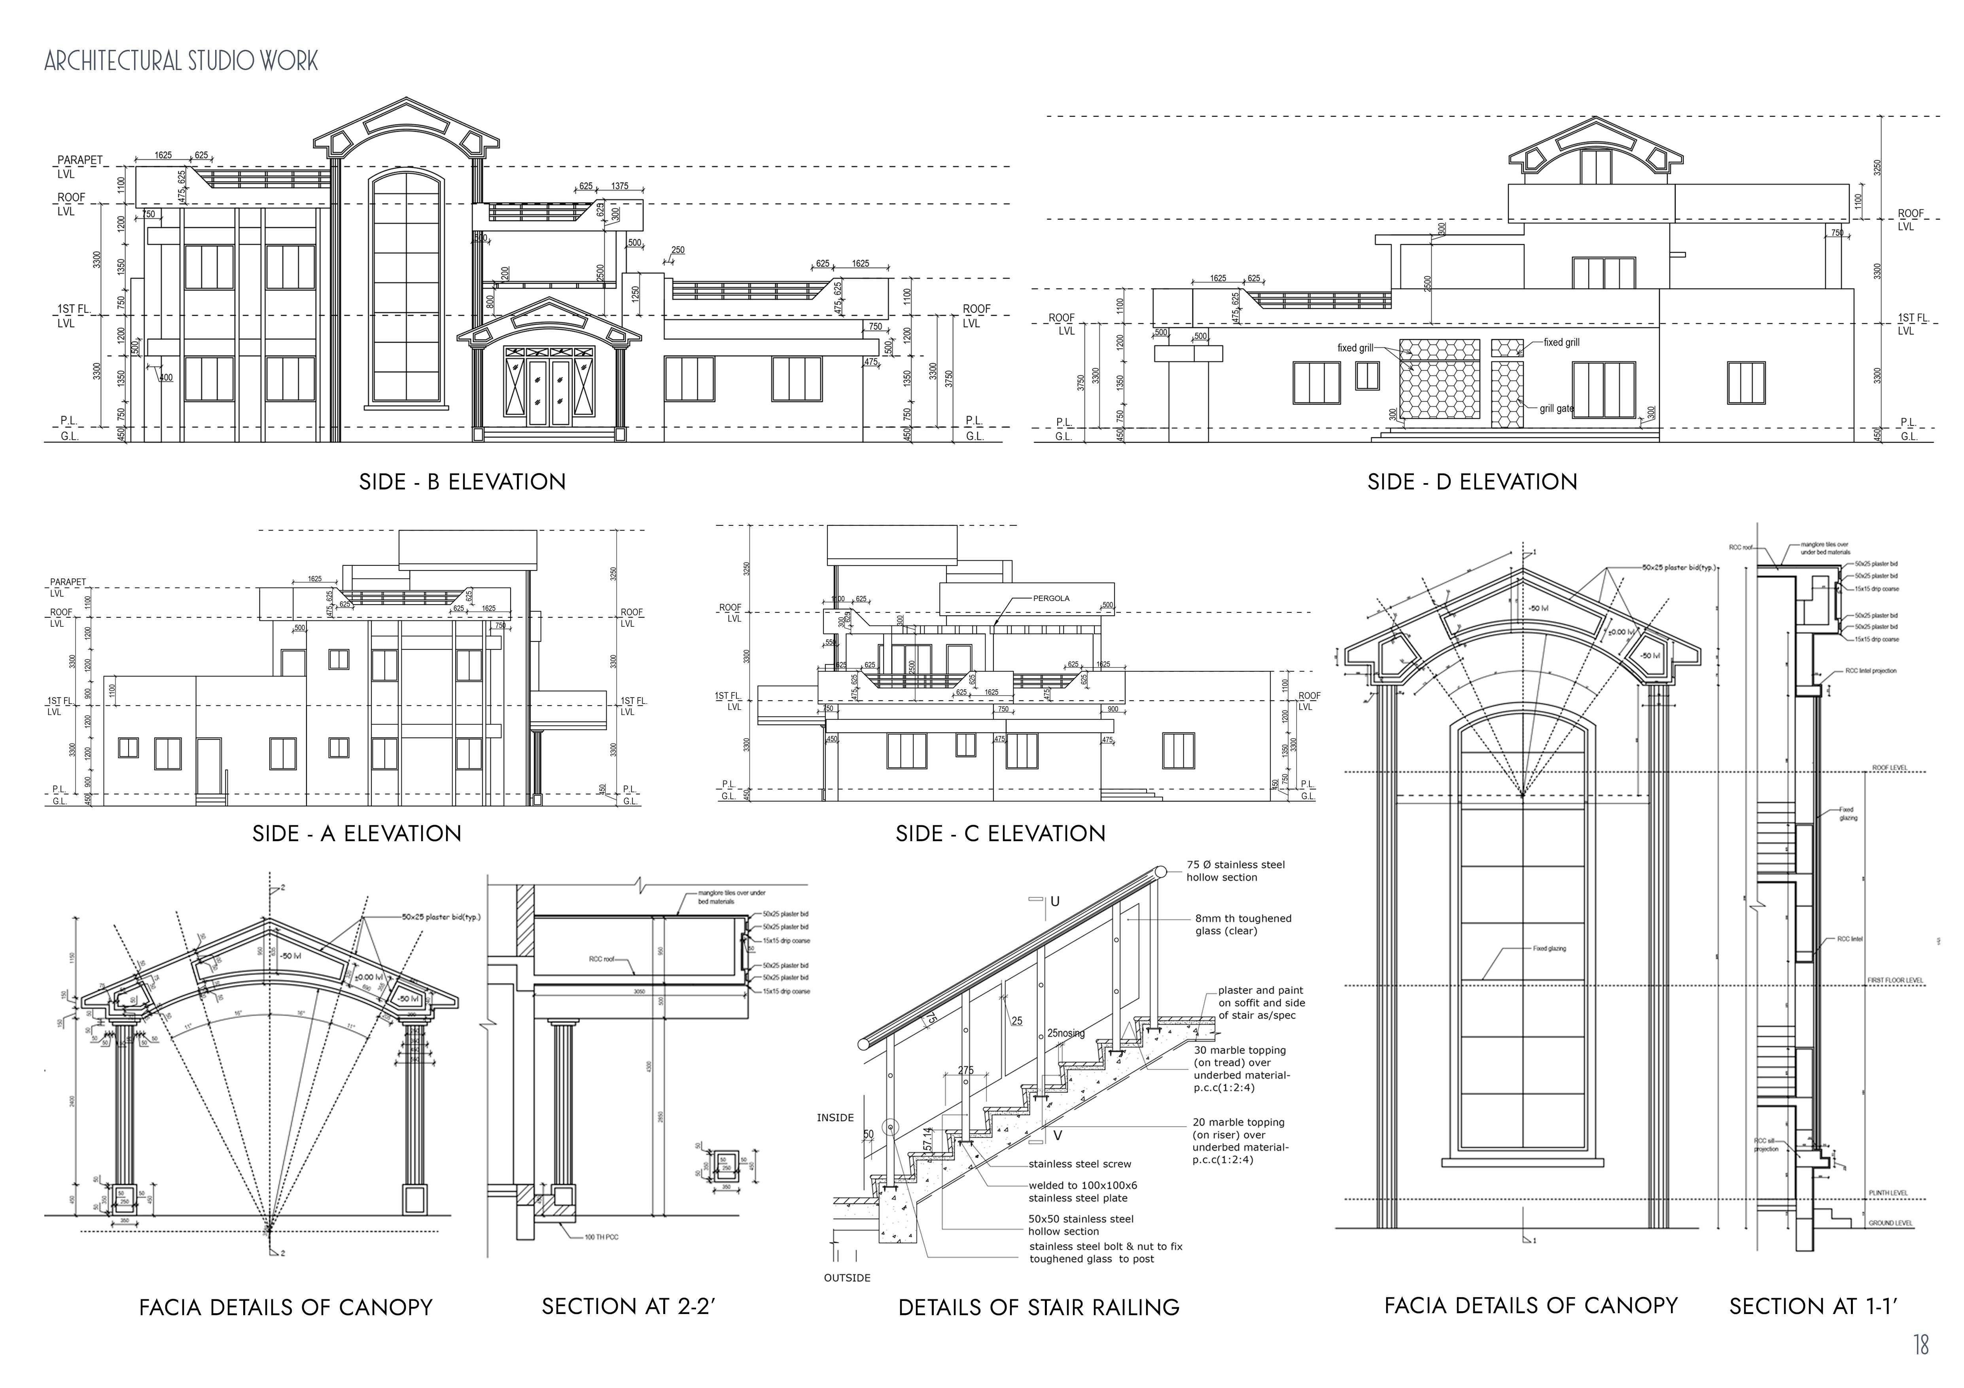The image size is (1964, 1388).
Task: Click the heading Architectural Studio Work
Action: point(182,61)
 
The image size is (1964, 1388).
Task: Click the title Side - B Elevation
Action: point(462,482)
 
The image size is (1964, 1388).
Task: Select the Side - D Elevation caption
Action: point(1472,482)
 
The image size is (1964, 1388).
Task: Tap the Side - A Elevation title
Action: point(357,834)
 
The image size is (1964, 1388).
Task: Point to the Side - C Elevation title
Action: point(1000,834)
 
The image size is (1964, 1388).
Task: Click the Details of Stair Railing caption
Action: point(1039,1308)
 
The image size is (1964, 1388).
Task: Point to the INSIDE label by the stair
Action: point(835,1118)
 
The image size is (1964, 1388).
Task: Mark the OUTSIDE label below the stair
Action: point(847,1278)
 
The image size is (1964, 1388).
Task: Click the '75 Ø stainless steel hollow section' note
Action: point(1235,871)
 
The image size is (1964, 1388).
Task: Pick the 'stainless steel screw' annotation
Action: point(1080,1164)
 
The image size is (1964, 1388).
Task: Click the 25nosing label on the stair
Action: point(1066,1033)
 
